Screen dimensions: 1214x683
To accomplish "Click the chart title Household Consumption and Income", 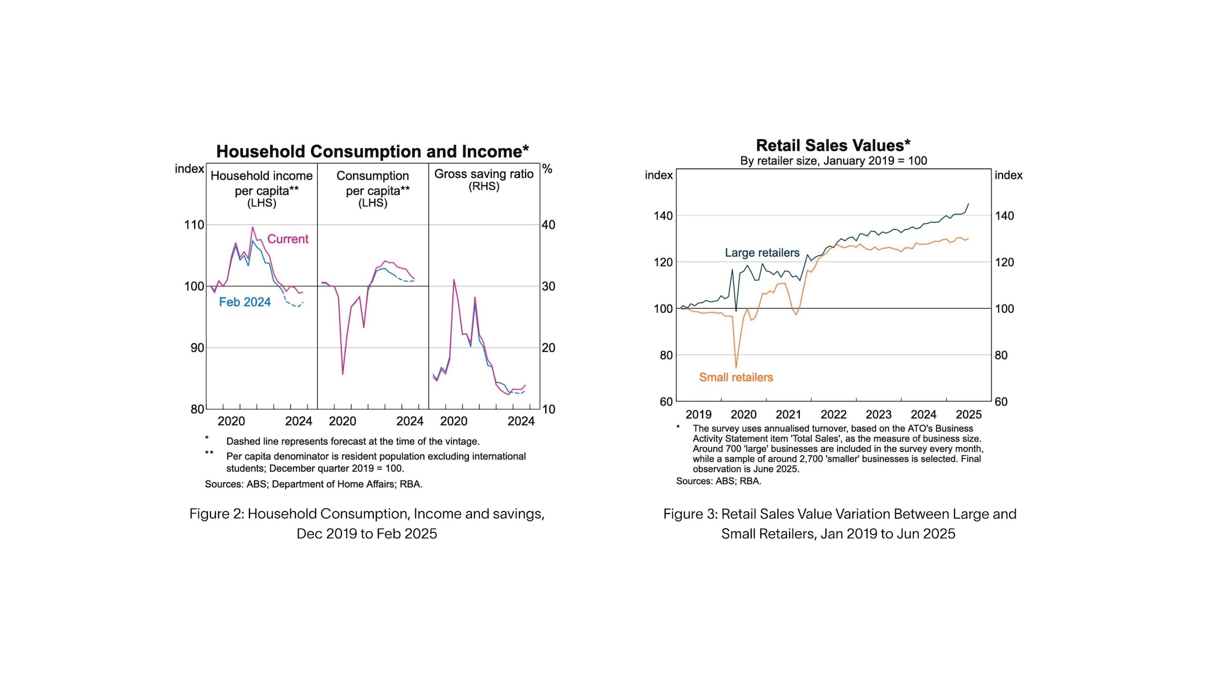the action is [372, 151].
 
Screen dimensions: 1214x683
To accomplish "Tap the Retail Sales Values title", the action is [833, 145].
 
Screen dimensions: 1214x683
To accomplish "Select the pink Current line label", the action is [288, 239].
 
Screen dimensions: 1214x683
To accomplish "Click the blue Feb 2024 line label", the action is [245, 302].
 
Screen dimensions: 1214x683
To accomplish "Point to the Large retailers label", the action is [762, 253].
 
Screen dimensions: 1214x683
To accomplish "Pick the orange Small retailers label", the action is [736, 377].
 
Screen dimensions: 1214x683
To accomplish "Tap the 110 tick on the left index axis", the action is [194, 225].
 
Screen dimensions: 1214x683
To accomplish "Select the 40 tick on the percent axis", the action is [548, 225].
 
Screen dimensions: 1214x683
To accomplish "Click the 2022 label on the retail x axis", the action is [834, 414].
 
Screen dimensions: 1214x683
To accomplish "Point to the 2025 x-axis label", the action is [969, 414].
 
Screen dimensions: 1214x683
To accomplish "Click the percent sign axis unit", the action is [547, 168].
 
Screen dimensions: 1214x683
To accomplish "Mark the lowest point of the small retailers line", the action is [736, 367].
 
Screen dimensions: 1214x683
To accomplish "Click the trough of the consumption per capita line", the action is [343, 374].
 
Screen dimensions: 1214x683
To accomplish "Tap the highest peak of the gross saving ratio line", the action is [454, 280].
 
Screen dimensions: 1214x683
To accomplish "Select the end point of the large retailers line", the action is [968, 204].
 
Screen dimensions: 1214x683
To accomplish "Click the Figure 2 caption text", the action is [367, 524].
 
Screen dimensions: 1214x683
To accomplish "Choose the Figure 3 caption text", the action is [840, 524].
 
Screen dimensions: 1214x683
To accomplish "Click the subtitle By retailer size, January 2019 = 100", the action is [834, 161].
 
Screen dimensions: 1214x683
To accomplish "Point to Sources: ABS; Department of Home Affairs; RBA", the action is [314, 484].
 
